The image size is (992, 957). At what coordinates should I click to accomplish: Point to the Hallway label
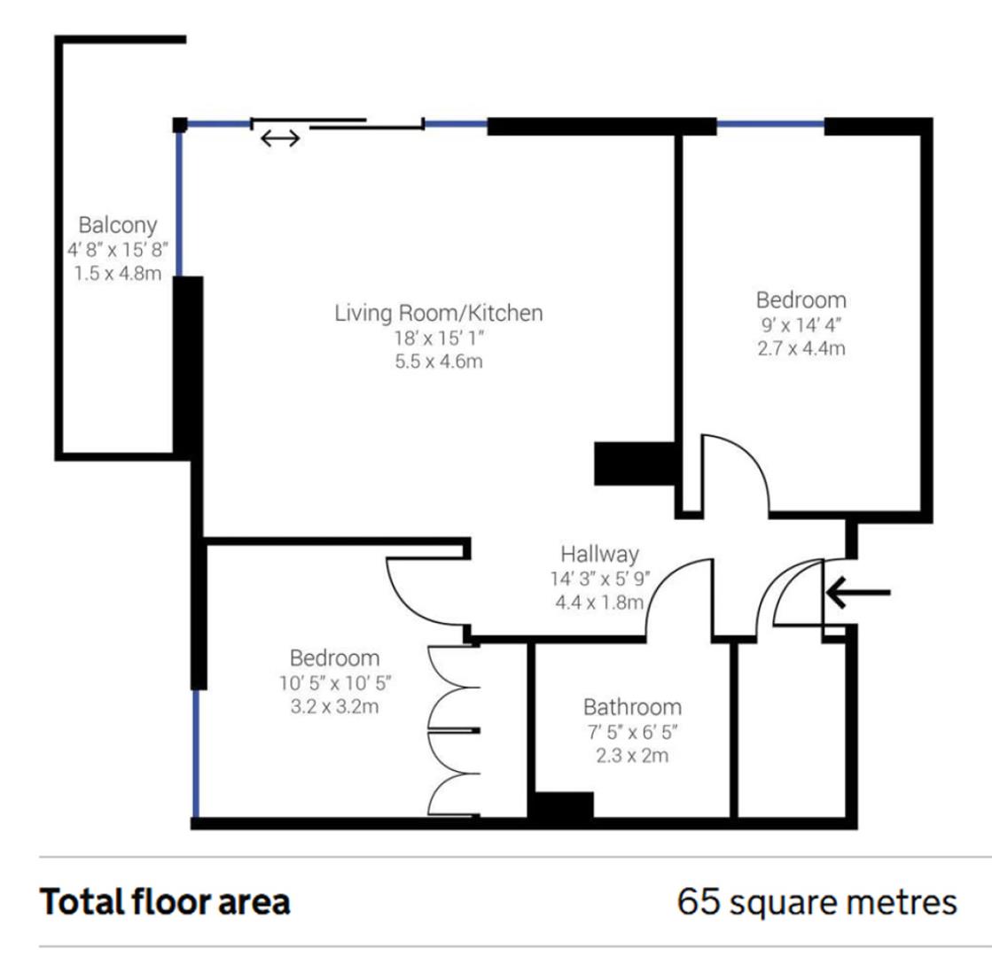coord(599,555)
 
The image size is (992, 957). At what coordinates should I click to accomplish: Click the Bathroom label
coord(632,707)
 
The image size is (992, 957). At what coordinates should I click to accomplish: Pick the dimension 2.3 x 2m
coord(632,757)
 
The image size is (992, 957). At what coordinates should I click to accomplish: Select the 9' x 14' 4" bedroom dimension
coord(801,323)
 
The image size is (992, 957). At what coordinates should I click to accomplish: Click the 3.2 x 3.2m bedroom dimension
coord(334,708)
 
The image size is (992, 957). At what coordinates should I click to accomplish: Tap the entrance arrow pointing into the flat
coord(856,592)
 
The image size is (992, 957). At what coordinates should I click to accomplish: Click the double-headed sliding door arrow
coord(280,138)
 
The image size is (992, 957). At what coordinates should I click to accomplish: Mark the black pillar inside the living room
coord(635,463)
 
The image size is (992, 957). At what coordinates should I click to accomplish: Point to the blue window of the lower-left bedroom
coord(196,753)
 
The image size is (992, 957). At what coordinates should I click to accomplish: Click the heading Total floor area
coord(165,903)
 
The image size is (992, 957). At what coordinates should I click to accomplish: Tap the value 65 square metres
coord(816,903)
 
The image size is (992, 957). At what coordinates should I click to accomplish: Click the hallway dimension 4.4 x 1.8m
coord(599,603)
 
